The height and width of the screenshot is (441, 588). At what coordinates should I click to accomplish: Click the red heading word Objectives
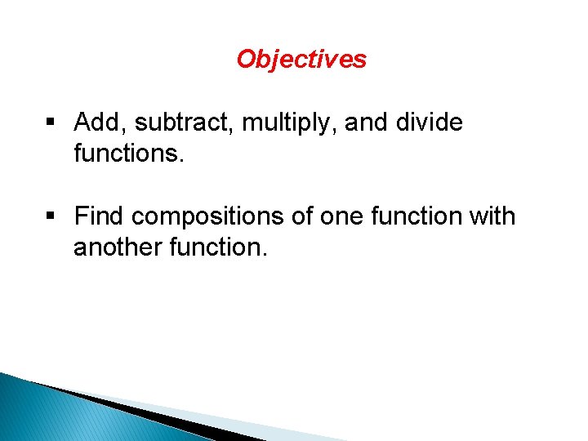pyautogui.click(x=301, y=60)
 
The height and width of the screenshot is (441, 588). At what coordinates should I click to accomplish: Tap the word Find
pyautogui.click(x=100, y=216)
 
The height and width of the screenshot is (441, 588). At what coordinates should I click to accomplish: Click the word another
pyautogui.click(x=118, y=246)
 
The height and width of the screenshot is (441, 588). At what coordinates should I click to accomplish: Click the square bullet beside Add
pyautogui.click(x=51, y=124)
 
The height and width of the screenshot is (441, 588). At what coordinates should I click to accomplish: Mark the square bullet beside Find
pyautogui.click(x=51, y=217)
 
